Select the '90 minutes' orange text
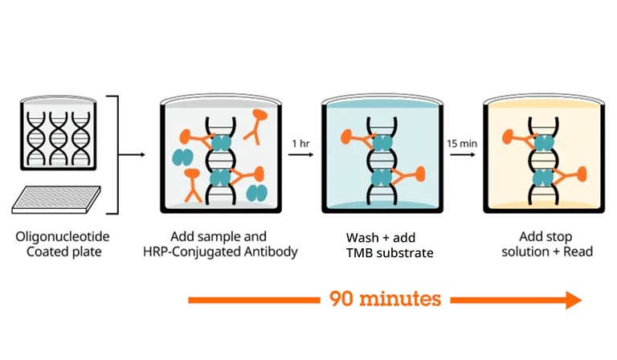pyautogui.click(x=385, y=299)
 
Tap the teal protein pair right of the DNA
pyautogui.click(x=257, y=191)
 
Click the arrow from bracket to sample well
pyautogui.click(x=133, y=154)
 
